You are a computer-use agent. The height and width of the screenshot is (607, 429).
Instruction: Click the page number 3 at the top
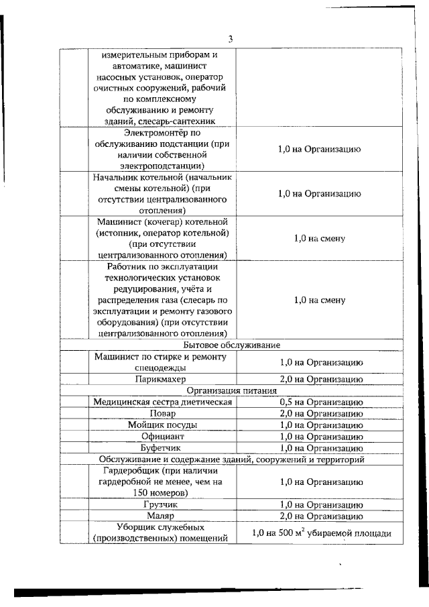click(x=229, y=39)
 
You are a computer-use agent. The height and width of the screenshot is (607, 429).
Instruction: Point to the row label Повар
click(x=162, y=413)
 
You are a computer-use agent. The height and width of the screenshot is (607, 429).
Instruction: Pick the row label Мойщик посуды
click(x=162, y=425)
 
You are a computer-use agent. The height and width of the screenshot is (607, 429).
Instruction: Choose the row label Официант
click(x=162, y=436)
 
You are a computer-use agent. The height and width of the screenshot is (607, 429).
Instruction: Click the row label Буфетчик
click(x=162, y=447)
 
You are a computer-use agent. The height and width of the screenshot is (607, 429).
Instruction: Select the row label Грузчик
click(x=162, y=504)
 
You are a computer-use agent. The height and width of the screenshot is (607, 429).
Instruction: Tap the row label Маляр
click(x=162, y=516)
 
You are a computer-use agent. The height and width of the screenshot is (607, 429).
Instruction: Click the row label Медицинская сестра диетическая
click(x=162, y=402)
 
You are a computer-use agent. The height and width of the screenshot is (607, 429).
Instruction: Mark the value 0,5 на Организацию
click(x=320, y=402)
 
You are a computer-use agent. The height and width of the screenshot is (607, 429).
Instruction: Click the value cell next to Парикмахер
click(x=320, y=379)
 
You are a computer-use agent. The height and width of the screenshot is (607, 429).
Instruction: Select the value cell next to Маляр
click(x=320, y=516)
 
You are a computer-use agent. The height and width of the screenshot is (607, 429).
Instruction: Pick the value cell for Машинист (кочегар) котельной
click(x=320, y=238)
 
